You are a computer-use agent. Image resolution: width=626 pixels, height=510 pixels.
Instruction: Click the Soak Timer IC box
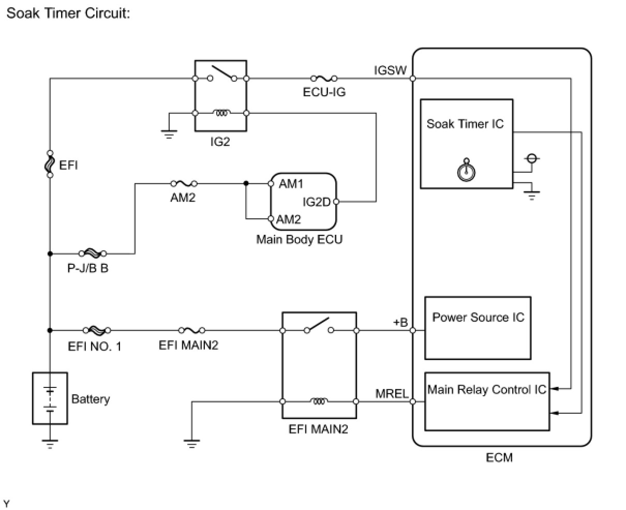(466, 143)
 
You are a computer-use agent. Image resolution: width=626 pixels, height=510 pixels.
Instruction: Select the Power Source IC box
(478, 327)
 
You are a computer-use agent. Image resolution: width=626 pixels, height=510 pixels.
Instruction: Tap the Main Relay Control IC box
(486, 401)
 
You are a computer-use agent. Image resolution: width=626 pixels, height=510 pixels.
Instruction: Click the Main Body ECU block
(303, 202)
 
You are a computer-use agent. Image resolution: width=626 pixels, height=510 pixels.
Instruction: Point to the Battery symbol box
(50, 398)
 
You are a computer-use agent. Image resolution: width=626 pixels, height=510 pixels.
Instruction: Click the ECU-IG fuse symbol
(324, 79)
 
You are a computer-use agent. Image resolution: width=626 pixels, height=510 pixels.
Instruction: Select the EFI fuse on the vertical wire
(50, 164)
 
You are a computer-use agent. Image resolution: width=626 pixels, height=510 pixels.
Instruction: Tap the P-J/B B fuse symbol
(93, 253)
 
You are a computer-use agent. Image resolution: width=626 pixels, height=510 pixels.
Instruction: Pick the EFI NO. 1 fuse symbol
(96, 330)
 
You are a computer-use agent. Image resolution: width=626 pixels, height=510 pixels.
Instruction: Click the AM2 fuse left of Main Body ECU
(183, 183)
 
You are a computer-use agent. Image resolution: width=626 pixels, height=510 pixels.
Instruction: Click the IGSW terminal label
(391, 70)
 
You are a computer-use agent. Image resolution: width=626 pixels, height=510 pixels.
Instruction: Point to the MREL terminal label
(392, 394)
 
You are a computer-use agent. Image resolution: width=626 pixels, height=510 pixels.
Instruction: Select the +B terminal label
(400, 323)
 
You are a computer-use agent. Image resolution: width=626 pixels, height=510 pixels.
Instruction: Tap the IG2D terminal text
(316, 202)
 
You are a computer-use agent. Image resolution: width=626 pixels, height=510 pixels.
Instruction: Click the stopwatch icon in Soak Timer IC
(467, 171)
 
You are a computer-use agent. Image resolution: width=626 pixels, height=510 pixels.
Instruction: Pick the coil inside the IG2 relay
(221, 113)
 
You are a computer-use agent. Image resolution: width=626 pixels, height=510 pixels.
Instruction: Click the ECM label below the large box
(499, 457)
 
